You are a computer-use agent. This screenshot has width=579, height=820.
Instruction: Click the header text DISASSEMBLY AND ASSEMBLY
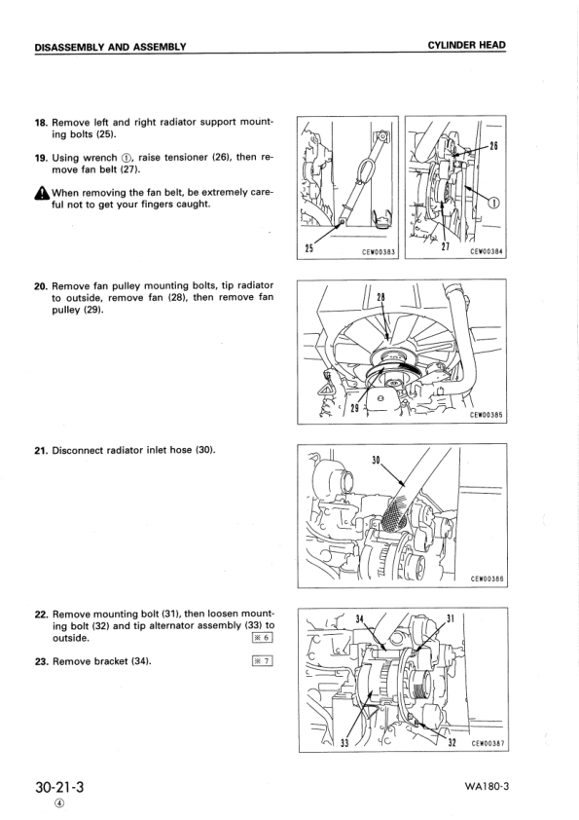click(110, 47)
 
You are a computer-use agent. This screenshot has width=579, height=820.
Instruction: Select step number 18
click(41, 123)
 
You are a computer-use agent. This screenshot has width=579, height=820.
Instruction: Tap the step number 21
click(41, 450)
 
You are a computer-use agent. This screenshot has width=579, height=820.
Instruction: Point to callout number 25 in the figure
click(309, 249)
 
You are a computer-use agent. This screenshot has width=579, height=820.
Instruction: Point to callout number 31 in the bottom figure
click(450, 617)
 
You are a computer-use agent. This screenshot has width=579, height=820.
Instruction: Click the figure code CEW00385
click(486, 415)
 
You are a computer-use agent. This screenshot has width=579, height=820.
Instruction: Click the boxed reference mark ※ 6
click(261, 639)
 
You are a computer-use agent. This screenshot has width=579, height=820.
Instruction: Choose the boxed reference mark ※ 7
click(261, 661)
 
